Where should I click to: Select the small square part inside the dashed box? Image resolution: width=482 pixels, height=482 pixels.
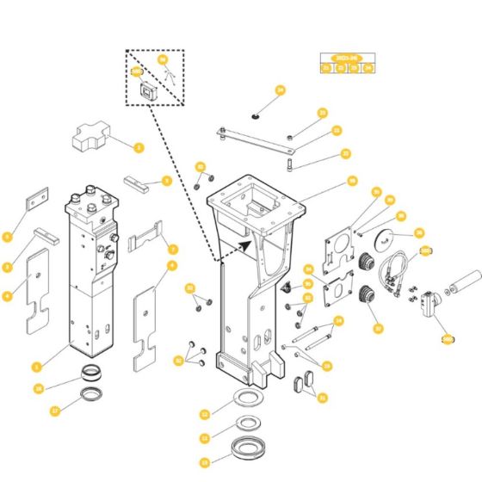(145, 90)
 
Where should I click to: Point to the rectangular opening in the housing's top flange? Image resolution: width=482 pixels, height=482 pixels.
(256, 207)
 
